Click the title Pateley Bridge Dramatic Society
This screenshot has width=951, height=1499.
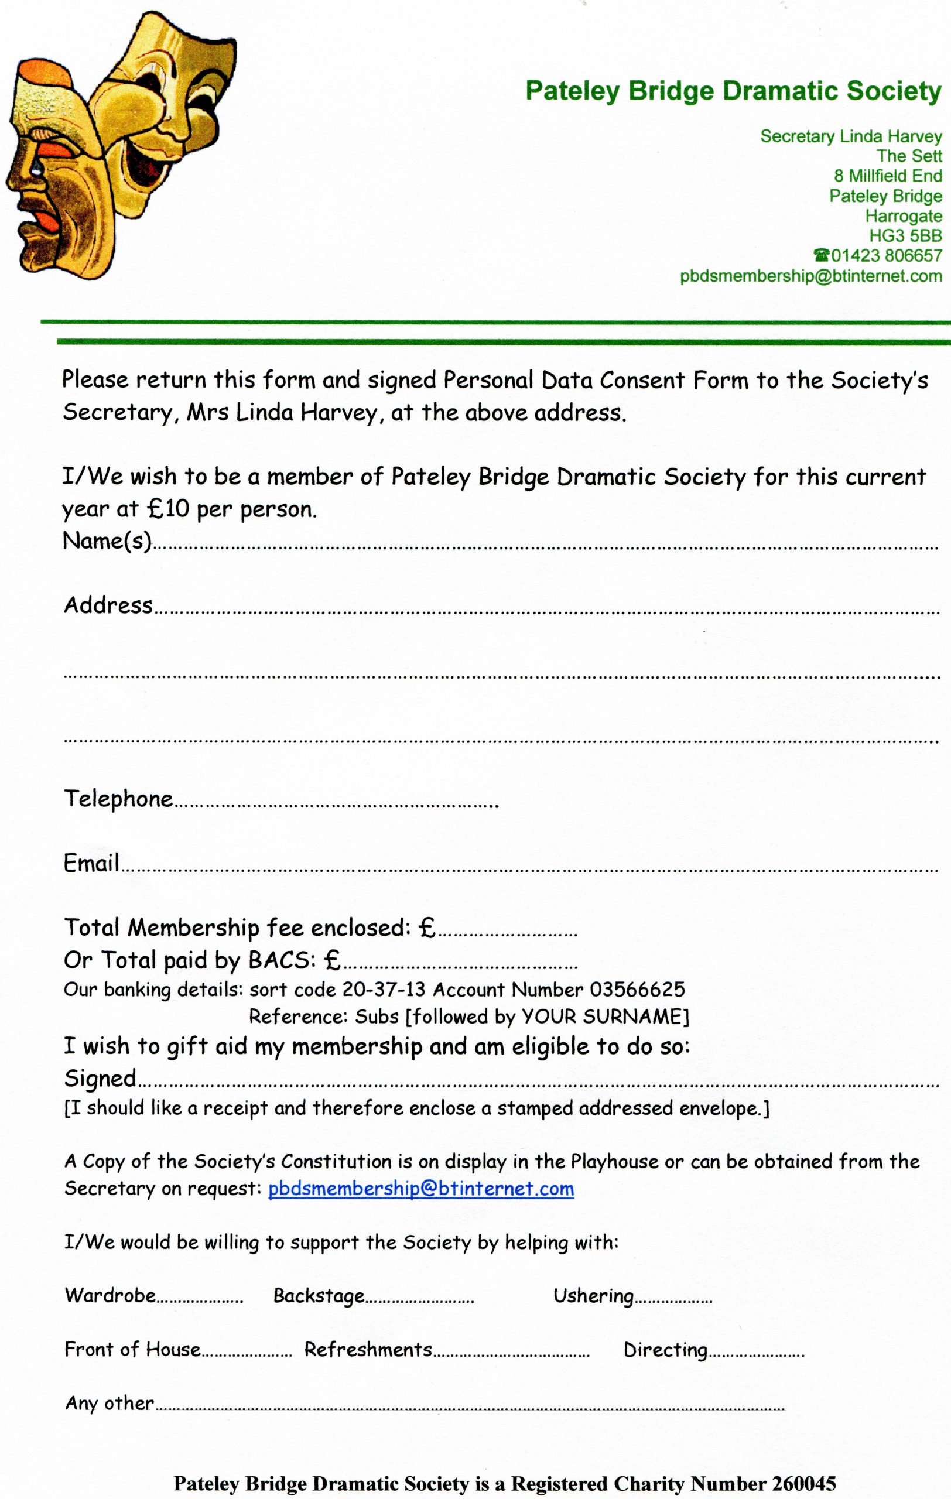click(733, 91)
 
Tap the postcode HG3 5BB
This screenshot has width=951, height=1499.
click(905, 236)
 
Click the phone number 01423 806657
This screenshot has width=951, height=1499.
click(885, 256)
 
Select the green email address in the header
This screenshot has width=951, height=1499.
click(810, 276)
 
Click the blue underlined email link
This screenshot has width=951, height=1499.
click(420, 1189)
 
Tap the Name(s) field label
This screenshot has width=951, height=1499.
click(107, 540)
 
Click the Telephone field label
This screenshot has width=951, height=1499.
click(118, 799)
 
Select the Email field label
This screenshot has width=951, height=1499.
click(91, 863)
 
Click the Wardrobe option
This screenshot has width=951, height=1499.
click(110, 1295)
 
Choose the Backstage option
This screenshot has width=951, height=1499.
click(319, 1295)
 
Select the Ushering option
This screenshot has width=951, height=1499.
click(593, 1295)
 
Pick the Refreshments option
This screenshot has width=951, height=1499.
click(368, 1350)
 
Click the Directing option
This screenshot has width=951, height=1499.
click(665, 1350)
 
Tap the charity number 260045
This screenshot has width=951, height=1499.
click(803, 1483)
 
